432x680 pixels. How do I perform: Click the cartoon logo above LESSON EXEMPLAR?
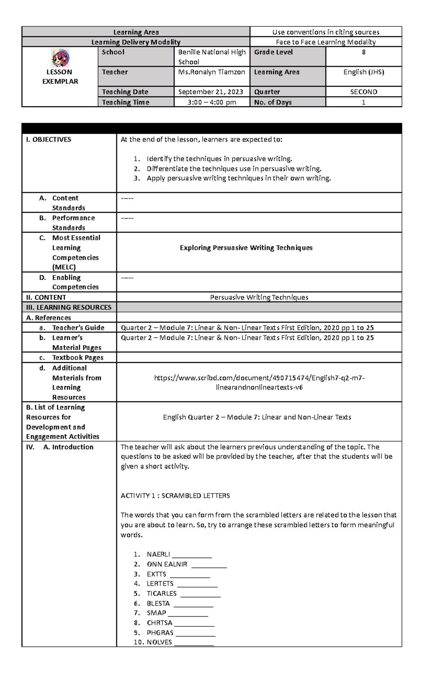pyautogui.click(x=60, y=59)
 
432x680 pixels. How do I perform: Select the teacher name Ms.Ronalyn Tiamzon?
pyautogui.click(x=212, y=72)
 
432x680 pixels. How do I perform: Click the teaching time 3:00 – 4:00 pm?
pyautogui.click(x=212, y=102)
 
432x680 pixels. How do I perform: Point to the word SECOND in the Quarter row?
pyautogui.click(x=364, y=92)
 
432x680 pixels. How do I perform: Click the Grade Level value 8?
pyautogui.click(x=364, y=52)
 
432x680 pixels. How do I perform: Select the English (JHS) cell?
pyautogui.click(x=364, y=72)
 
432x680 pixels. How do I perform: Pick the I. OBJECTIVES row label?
pyautogui.click(x=49, y=140)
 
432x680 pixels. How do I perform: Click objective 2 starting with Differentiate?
pyautogui.click(x=234, y=168)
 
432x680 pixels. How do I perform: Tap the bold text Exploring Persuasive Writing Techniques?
pyautogui.click(x=246, y=248)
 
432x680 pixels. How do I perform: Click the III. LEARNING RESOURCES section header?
pyautogui.click(x=68, y=307)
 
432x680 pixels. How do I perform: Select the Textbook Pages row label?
pyautogui.click(x=77, y=357)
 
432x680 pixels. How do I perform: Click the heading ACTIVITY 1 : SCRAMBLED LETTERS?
pyautogui.click(x=175, y=496)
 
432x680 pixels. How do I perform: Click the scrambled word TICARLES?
pyautogui.click(x=162, y=593)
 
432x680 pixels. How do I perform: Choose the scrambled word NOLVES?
pyautogui.click(x=159, y=642)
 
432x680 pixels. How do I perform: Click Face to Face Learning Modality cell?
pyautogui.click(x=325, y=42)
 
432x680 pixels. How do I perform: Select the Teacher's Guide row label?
pyautogui.click(x=78, y=328)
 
